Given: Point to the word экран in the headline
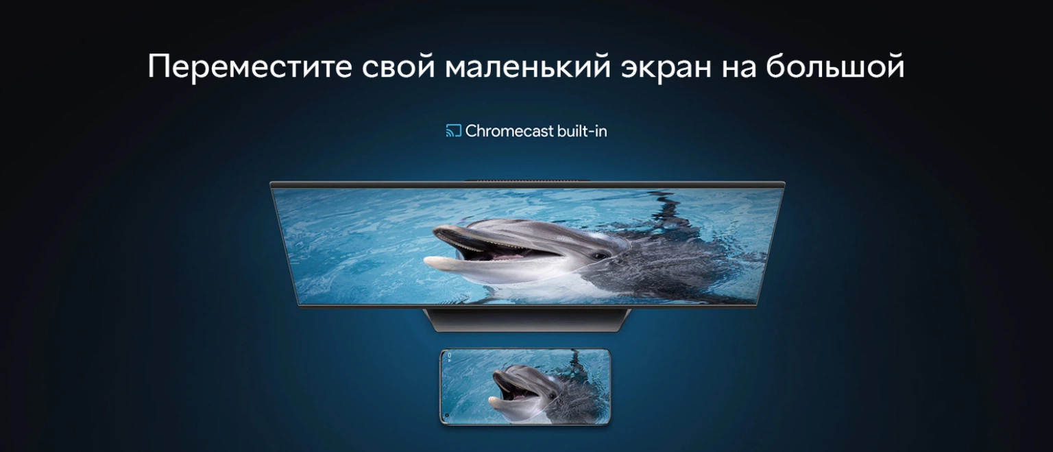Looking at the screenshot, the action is (666, 68).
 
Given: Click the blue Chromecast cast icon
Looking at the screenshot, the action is (454, 131).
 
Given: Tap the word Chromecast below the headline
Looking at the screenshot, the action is (509, 131).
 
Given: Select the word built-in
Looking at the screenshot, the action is (582, 131).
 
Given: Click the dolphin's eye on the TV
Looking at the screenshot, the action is (601, 257).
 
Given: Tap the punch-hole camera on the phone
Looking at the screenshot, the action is (446, 416).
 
